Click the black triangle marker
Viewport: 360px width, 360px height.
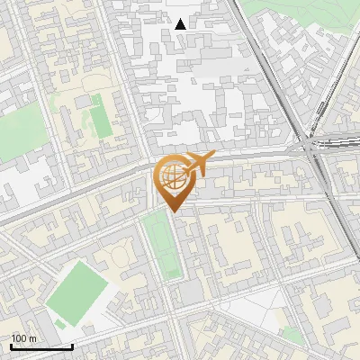181,24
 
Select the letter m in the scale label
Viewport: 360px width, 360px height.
33,338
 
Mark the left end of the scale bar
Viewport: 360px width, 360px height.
11,346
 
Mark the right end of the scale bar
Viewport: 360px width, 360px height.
73,346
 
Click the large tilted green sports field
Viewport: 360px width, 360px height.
78,287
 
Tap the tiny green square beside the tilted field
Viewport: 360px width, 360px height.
60,322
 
